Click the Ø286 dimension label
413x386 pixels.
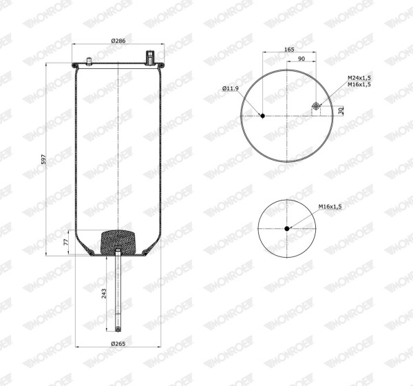tap(118, 41)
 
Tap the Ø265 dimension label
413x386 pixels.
tap(118, 344)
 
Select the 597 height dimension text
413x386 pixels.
tap(44, 159)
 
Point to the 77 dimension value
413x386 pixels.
tap(66, 242)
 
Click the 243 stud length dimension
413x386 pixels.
tap(104, 294)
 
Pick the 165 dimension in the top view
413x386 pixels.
tap(289, 50)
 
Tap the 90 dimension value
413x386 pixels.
tap(301, 59)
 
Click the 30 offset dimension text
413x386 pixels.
tap(341, 110)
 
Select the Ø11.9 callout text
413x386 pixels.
tap(230, 88)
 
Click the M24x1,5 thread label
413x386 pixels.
tap(359, 78)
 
